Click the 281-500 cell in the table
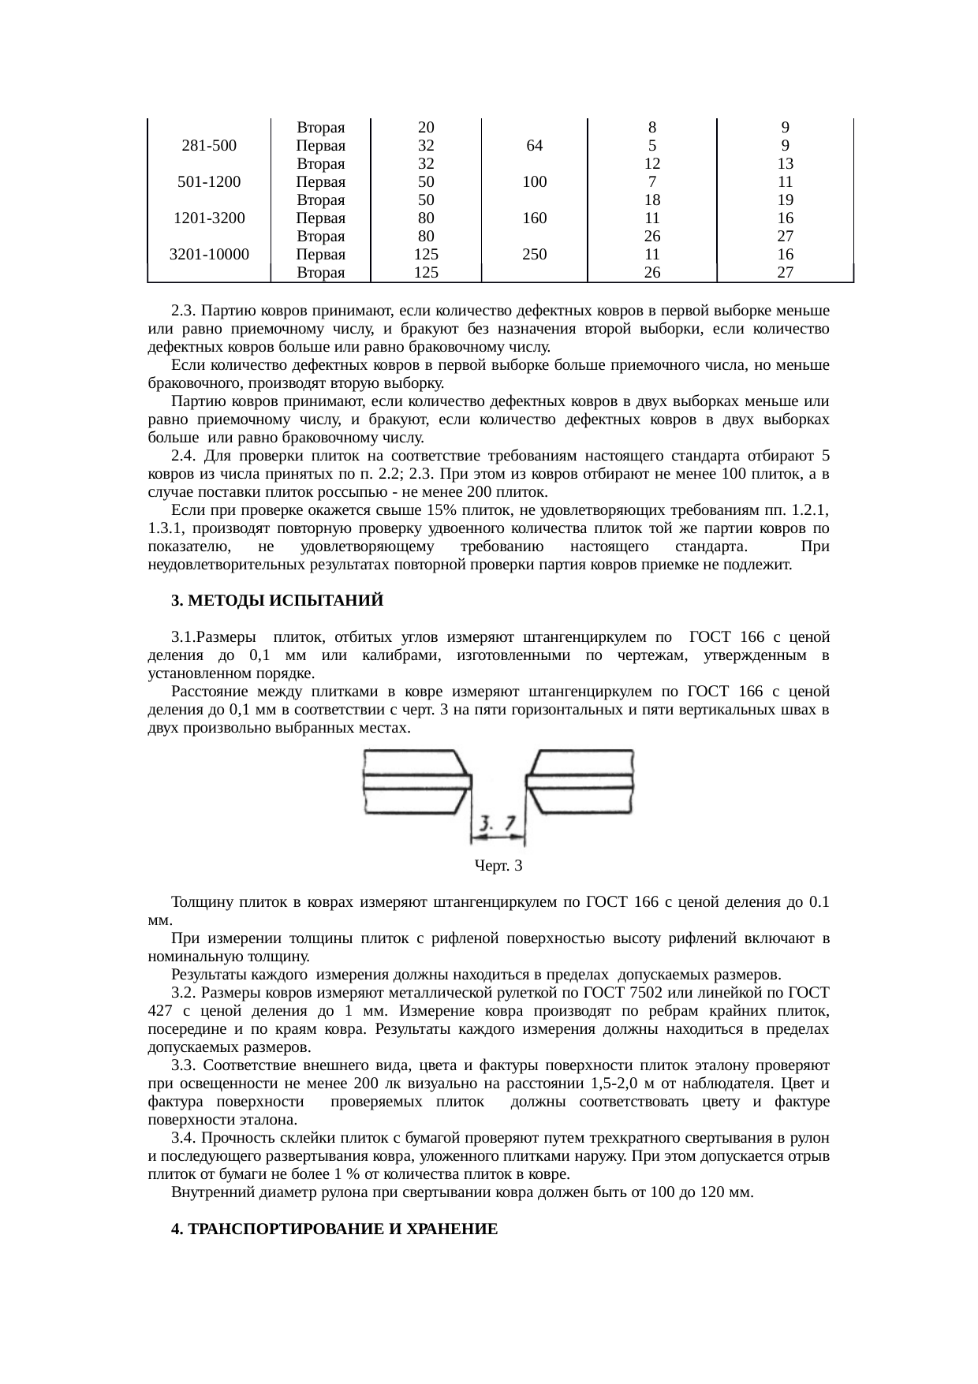tap(209, 146)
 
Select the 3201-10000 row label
tap(209, 255)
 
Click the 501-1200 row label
tap(209, 182)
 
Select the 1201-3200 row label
tap(209, 218)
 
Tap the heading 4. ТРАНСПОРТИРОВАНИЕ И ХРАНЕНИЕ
tap(334, 1229)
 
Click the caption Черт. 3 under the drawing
tap(498, 867)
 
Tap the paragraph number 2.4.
tap(182, 457)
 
